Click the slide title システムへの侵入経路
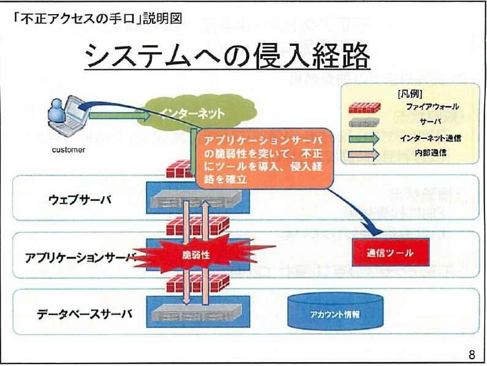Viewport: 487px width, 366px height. [227, 57]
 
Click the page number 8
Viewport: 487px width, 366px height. [472, 354]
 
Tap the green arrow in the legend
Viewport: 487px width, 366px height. [367, 138]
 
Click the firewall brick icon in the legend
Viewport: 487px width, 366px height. [367, 108]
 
